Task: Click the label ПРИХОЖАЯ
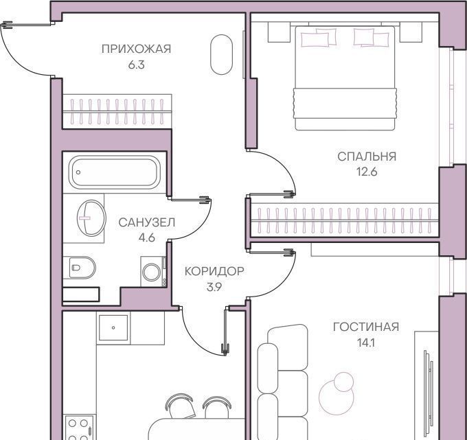click(x=137, y=49)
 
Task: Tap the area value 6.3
click(x=137, y=65)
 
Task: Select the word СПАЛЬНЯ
click(x=367, y=157)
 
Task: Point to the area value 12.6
click(x=367, y=172)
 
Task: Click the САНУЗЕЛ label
click(x=147, y=222)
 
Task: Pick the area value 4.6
click(x=147, y=238)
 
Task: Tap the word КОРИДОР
click(x=214, y=271)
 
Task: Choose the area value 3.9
click(x=214, y=287)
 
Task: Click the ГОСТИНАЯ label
click(x=366, y=327)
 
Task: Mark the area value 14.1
click(x=366, y=343)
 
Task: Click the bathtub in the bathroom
click(x=115, y=172)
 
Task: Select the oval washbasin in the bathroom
click(x=91, y=218)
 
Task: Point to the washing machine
click(x=153, y=272)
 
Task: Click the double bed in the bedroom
click(x=345, y=78)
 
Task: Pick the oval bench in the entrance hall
click(x=221, y=54)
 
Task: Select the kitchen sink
click(x=113, y=327)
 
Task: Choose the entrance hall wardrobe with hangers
click(x=117, y=112)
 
